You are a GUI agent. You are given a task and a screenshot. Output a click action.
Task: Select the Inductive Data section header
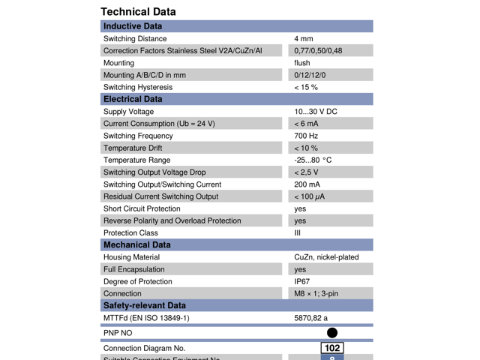[x=133, y=26]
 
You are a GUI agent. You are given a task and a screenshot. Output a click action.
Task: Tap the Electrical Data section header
[x=133, y=99]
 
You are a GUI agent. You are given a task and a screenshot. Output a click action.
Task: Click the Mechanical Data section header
[x=136, y=244]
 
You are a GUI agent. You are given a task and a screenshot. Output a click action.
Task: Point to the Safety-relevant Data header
[x=144, y=305]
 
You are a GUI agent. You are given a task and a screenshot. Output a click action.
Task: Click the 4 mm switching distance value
[x=304, y=38]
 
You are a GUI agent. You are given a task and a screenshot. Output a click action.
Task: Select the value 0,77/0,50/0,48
[x=318, y=50]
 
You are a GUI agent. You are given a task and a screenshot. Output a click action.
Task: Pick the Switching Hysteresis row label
[x=137, y=87]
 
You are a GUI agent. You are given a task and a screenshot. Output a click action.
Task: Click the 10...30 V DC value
[x=315, y=112]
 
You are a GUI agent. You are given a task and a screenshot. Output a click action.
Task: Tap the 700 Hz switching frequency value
[x=306, y=136]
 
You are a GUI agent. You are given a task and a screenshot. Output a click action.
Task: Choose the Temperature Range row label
[x=136, y=160]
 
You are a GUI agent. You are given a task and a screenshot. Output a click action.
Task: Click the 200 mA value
[x=307, y=184]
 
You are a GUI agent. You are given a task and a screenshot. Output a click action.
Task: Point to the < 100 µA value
[x=310, y=196]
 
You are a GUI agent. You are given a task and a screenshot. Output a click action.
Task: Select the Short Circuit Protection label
[x=142, y=208]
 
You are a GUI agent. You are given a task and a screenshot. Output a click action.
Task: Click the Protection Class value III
[x=298, y=232]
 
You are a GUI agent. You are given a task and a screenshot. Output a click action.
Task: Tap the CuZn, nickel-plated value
[x=326, y=257]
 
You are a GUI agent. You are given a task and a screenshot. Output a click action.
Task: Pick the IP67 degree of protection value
[x=302, y=281]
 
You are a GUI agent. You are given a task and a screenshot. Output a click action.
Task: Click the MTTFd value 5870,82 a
[x=310, y=318]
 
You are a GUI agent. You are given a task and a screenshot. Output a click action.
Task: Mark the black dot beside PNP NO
[x=332, y=332]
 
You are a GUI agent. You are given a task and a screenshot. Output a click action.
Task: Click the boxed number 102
[x=331, y=348]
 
